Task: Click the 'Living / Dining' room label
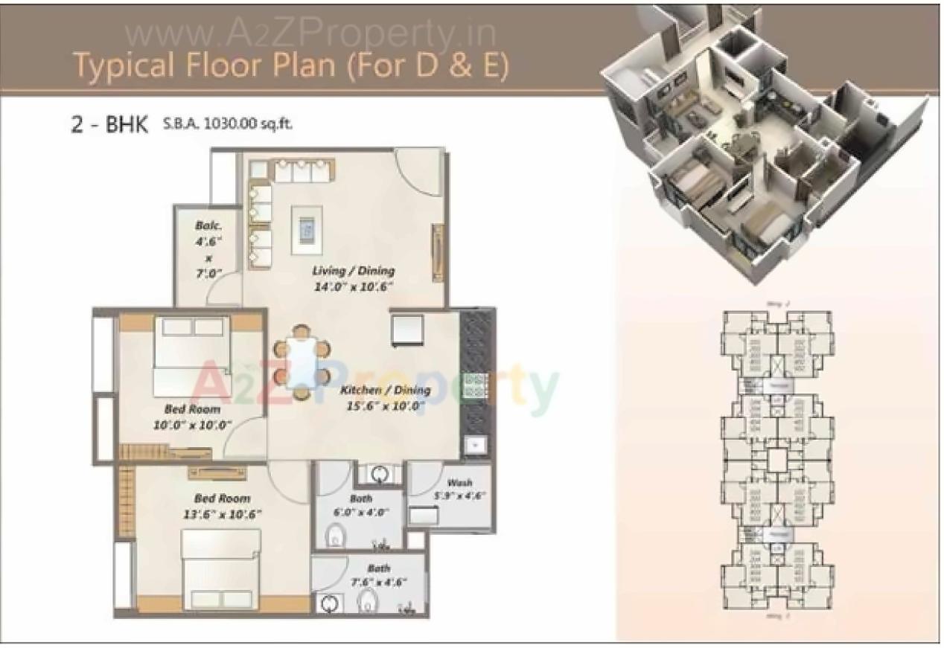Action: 353,271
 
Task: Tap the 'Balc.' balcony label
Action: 205,224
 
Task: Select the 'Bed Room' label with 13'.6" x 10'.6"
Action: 222,498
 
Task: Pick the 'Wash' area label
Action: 459,483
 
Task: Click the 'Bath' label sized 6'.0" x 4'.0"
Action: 360,498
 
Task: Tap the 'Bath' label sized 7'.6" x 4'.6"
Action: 378,568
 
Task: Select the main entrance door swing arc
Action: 417,167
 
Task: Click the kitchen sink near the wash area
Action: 474,445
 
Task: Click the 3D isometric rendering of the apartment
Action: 752,141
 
